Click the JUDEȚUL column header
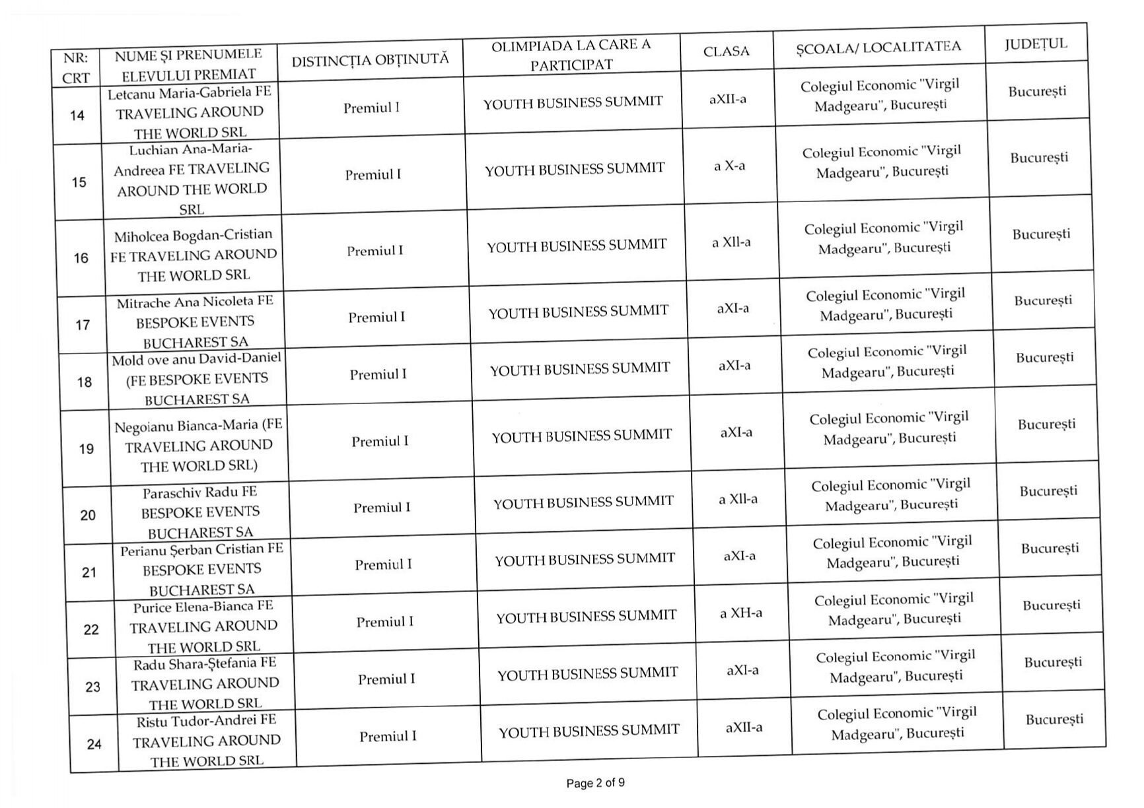click(1035, 44)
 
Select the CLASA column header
click(726, 51)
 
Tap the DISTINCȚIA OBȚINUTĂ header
click(370, 60)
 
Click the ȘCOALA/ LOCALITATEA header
click(878, 47)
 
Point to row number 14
click(77, 116)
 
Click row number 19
click(87, 449)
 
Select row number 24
click(94, 744)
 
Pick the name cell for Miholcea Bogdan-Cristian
click(194, 255)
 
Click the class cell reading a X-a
click(729, 166)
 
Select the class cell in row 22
click(740, 613)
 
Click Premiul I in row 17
click(376, 318)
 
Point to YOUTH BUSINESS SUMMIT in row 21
click(585, 560)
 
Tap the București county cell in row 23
click(1053, 662)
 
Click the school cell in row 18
click(887, 362)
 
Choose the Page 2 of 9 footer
click(595, 783)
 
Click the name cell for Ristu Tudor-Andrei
click(207, 740)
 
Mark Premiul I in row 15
click(373, 175)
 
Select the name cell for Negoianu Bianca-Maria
click(199, 446)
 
